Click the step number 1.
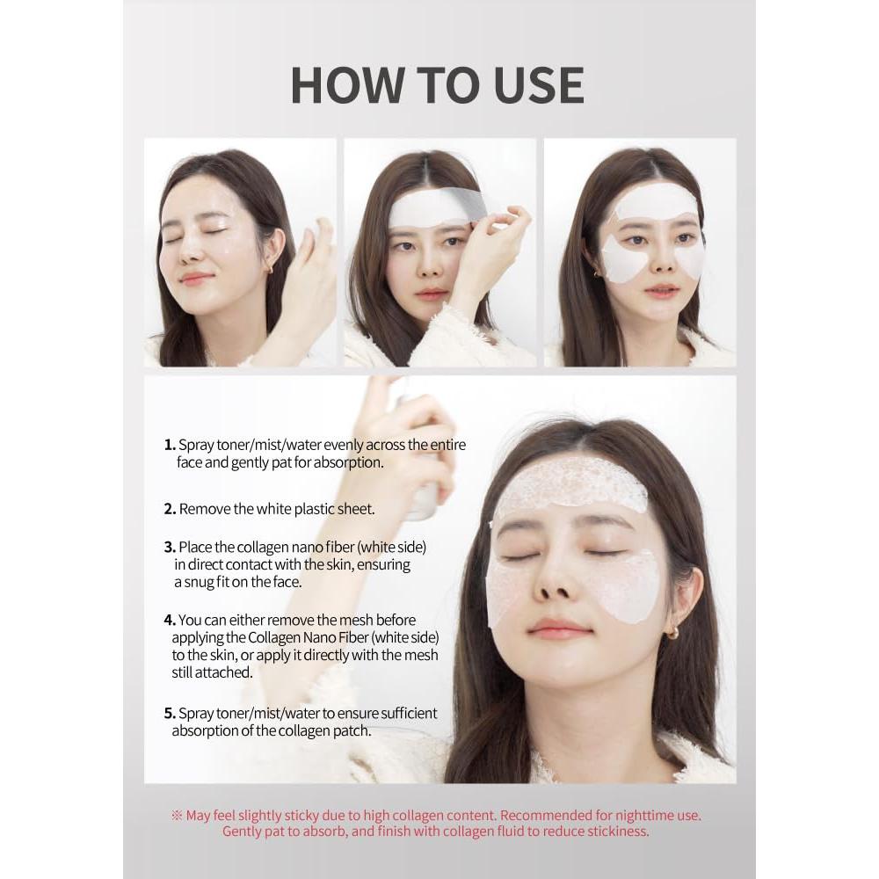168,446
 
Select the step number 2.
169,509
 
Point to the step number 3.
169,547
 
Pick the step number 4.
169,621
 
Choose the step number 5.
169,713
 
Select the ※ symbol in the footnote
177,815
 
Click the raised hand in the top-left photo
303,281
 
